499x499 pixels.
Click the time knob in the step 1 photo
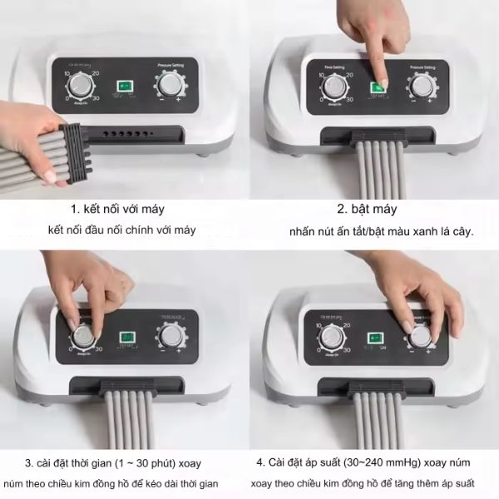tap(82, 84)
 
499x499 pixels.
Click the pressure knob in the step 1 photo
tap(171, 84)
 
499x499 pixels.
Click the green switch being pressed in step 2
tap(378, 86)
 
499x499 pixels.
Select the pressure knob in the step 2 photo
tap(420, 86)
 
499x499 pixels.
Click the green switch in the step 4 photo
tap(378, 338)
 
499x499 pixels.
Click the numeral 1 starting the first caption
tap(73, 210)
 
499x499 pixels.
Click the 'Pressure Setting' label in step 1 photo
tap(173, 62)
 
